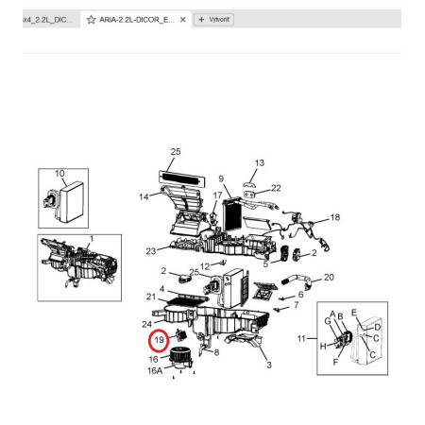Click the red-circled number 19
160,340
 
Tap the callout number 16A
155,370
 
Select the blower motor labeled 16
180,358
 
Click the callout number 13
260,163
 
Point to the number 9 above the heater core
221,178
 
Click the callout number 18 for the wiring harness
335,217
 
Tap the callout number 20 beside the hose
329,277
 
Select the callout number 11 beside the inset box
301,338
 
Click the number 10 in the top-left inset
59,174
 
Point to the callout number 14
144,197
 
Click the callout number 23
151,251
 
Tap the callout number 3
269,365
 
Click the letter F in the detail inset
335,362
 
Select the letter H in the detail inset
323,347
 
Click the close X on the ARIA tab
183,20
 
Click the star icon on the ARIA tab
91,20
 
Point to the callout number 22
276,188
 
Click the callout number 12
205,266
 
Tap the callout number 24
147,324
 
